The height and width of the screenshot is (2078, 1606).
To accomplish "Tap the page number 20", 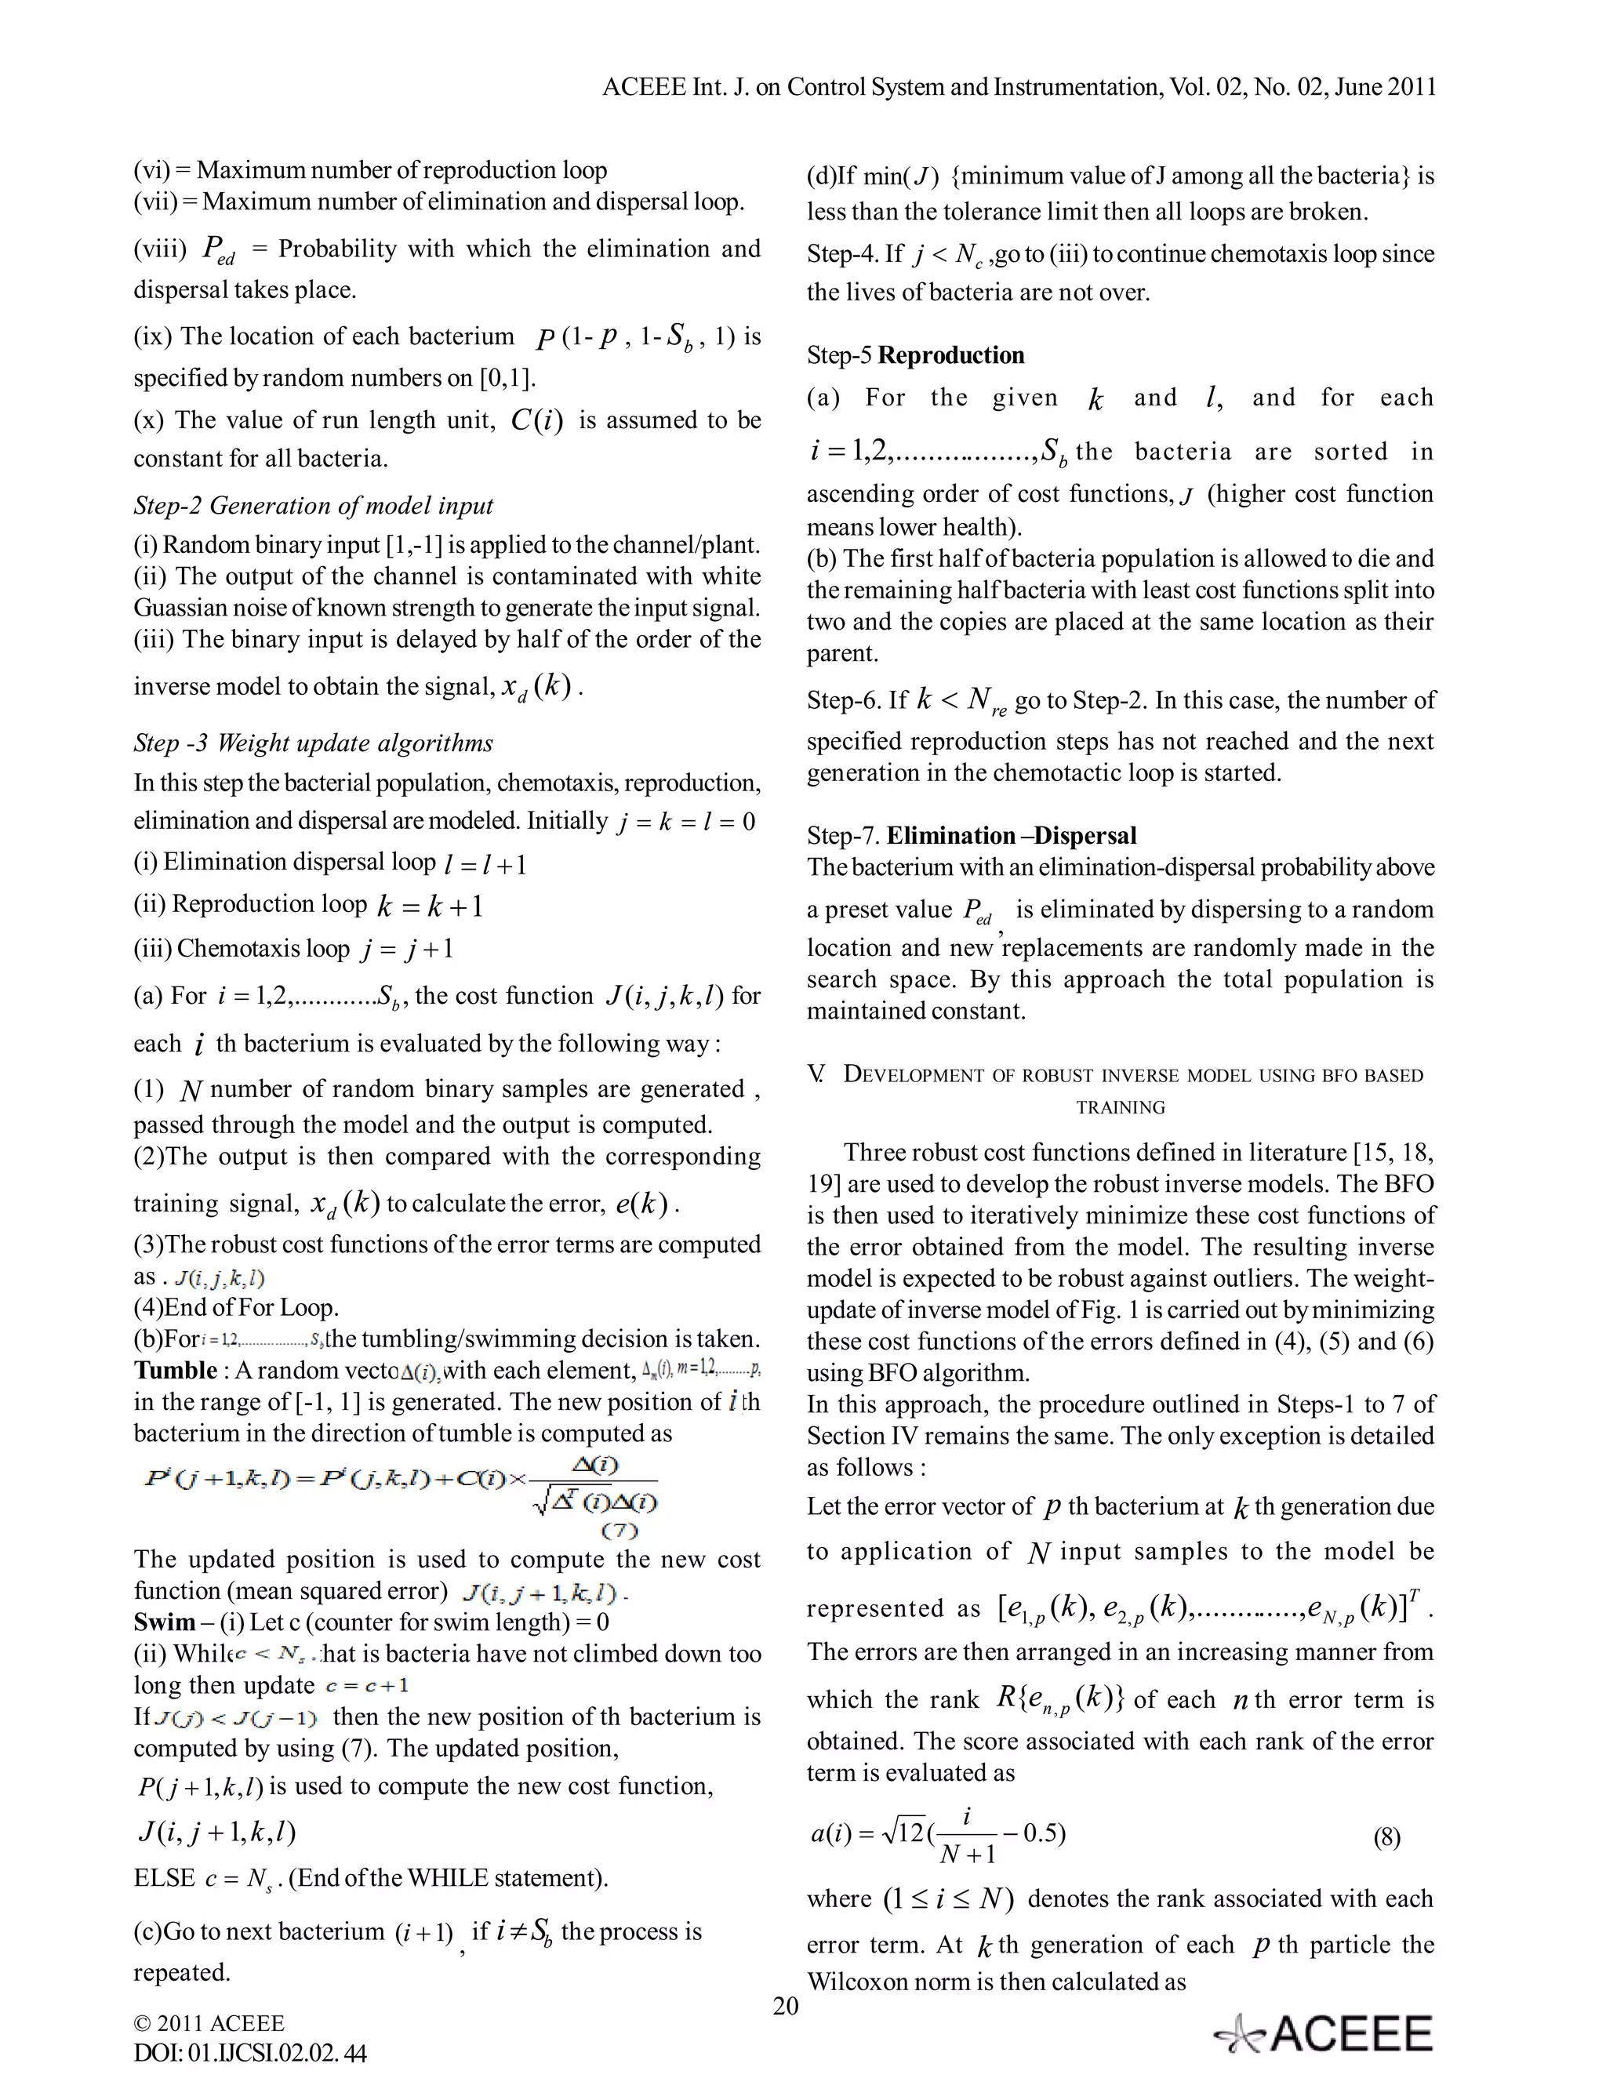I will pos(786,2007).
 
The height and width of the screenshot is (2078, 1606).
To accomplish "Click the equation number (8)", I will pos(1386,1837).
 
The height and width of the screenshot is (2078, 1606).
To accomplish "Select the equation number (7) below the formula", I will pos(620,1531).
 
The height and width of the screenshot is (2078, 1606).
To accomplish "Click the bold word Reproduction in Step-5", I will pos(950,356).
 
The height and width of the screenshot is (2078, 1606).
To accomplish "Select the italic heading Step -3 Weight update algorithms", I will pos(313,743).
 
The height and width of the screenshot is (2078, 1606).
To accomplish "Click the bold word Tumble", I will pos(175,1370).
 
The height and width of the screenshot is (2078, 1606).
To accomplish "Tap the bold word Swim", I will pos(164,1622).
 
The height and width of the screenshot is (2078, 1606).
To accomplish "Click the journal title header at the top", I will pos(1019,88).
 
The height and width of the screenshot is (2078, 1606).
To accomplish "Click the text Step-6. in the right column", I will pos(843,701).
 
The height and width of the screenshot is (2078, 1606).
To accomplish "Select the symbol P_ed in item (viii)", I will pos(218,251).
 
